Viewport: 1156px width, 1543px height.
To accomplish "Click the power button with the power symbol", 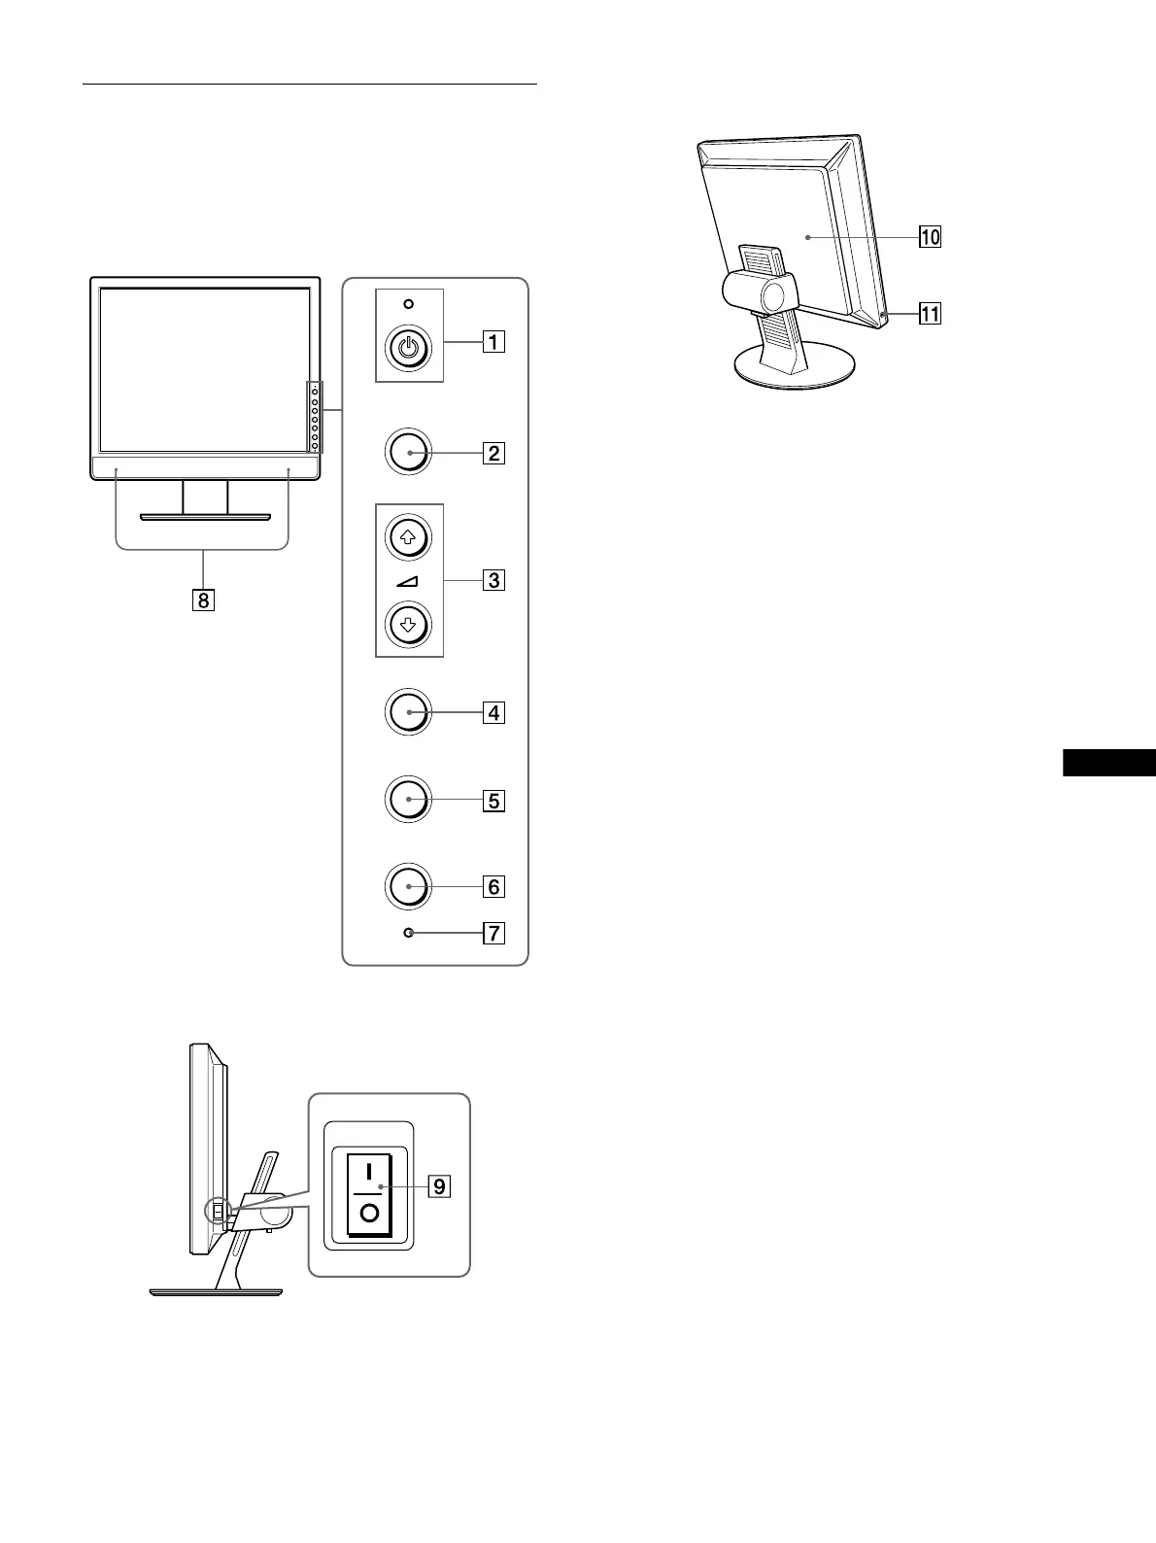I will (409, 349).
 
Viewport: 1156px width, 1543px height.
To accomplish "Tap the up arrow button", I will (408, 537).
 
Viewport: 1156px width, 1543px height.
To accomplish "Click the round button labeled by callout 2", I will (409, 452).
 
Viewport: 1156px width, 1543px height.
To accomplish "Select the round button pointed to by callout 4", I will (409, 712).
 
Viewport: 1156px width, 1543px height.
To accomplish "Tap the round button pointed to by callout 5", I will (409, 800).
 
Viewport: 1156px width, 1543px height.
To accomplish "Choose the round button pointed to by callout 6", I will (409, 886).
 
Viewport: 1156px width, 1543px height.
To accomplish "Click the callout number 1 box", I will (493, 342).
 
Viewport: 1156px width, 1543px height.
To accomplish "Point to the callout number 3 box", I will (493, 581).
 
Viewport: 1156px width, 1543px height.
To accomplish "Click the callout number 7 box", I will (493, 934).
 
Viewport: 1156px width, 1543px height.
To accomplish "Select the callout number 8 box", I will (203, 600).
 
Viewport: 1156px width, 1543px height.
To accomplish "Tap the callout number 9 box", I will (439, 1186).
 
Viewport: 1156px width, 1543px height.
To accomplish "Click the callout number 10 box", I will (930, 236).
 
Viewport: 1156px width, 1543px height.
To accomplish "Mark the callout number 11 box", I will (930, 314).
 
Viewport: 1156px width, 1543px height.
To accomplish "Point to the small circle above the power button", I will (409, 304).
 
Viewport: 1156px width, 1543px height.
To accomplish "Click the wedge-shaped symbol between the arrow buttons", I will (408, 581).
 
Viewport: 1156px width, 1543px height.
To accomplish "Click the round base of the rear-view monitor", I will (795, 370).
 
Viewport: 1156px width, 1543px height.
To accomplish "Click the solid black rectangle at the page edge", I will (1108, 763).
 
